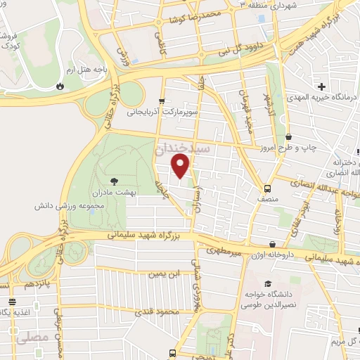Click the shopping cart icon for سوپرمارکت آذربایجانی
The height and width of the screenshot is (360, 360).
point(162,101)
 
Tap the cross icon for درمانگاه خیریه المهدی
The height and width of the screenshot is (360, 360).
point(321,87)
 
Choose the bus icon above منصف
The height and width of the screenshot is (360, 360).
point(267,188)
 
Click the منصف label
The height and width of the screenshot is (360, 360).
point(268,199)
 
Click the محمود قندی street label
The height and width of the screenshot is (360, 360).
point(162,311)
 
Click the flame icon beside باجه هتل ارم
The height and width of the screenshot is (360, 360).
point(60,86)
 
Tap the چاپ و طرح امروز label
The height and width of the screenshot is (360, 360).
point(323,148)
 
